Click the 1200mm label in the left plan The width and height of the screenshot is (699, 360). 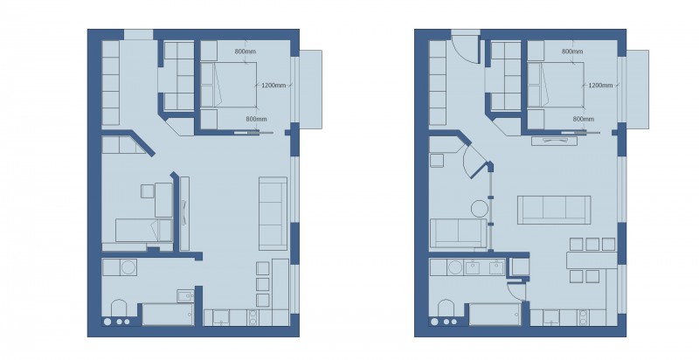click(x=273, y=85)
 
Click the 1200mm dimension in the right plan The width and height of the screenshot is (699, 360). click(x=600, y=85)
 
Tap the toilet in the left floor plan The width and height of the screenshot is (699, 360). click(x=119, y=308)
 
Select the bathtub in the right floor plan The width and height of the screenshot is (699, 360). click(x=495, y=314)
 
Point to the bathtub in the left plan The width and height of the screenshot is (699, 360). click(x=168, y=314)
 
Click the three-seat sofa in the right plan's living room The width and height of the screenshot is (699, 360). click(x=554, y=210)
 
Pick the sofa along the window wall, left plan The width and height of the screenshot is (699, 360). click(x=273, y=213)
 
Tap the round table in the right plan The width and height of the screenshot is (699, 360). click(x=480, y=209)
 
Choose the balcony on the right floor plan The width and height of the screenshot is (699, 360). click(x=638, y=89)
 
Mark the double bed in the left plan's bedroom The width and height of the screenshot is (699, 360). click(x=229, y=85)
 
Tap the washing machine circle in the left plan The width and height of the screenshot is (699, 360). click(x=128, y=267)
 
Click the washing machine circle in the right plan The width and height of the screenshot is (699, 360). click(x=455, y=267)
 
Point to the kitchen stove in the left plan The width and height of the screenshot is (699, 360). click(x=253, y=317)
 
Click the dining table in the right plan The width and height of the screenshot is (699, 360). click(x=592, y=260)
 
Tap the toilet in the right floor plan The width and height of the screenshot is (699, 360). click(x=446, y=308)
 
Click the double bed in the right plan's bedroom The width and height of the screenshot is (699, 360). click(x=556, y=85)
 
